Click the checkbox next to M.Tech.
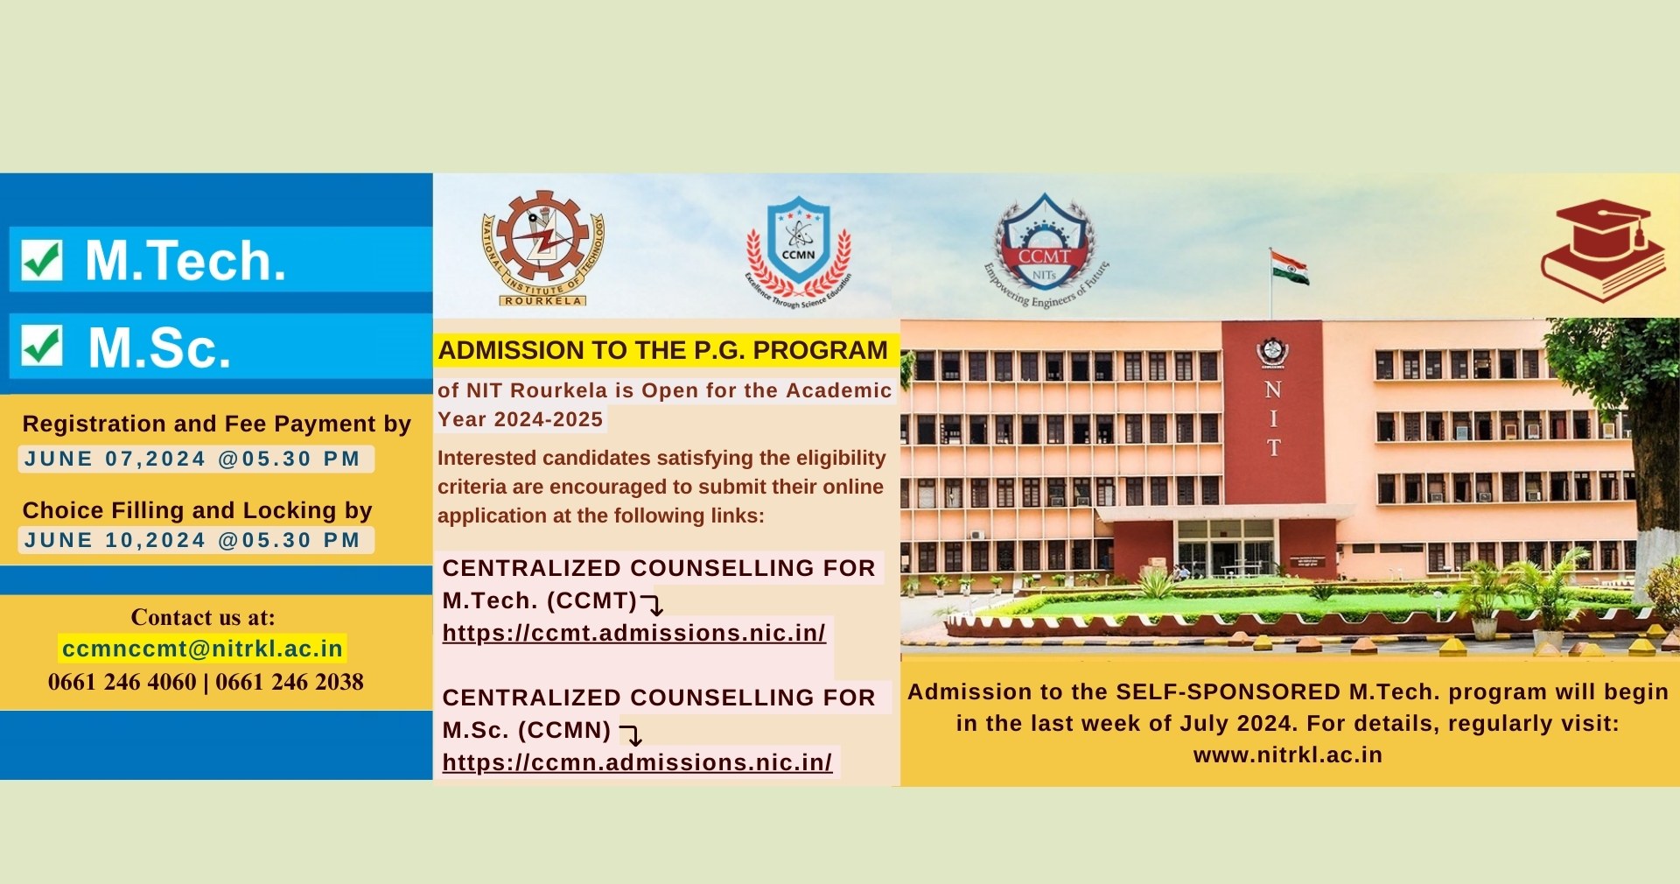[x=42, y=260]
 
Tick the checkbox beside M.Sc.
[x=42, y=346]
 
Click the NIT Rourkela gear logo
[x=543, y=249]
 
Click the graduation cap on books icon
[x=1603, y=250]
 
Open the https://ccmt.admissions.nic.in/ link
[x=633, y=633]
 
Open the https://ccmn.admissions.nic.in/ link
[x=637, y=762]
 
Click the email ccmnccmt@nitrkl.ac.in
[x=202, y=649]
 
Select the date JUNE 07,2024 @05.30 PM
[x=192, y=459]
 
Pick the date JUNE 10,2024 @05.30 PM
[x=192, y=540]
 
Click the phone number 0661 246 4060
[x=122, y=682]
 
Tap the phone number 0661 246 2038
[x=290, y=682]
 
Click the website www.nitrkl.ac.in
[x=1288, y=755]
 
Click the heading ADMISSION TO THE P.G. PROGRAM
[x=662, y=350]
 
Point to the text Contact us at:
[x=203, y=618]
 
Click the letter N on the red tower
[x=1273, y=389]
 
